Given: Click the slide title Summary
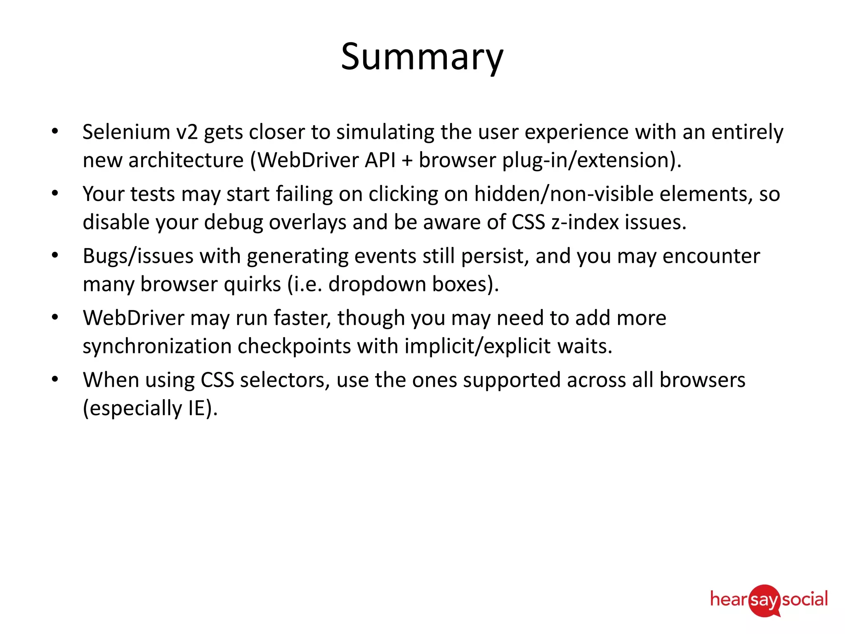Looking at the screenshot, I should (x=422, y=57).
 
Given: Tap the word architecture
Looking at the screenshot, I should (x=186, y=160).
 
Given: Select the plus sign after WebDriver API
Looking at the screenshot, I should (x=407, y=161).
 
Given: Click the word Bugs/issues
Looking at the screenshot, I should (x=138, y=256).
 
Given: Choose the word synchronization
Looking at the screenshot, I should (x=157, y=346).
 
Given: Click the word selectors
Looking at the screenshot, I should (x=285, y=380).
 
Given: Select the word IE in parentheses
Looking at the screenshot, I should (x=197, y=408).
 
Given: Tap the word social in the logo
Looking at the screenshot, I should (x=805, y=599).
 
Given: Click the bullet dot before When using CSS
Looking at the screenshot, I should (x=55, y=379).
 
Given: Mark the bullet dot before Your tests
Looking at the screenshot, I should (x=55, y=193).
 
